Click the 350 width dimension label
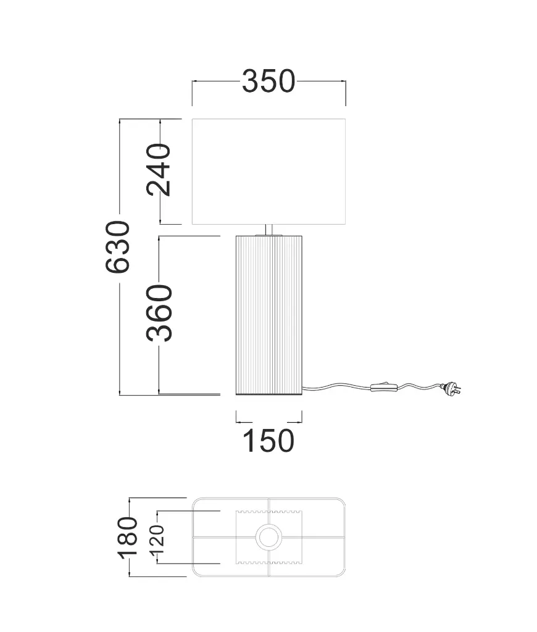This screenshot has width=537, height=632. (x=268, y=81)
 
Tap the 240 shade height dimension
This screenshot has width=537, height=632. (x=159, y=170)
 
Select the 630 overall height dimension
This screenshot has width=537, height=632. (x=118, y=247)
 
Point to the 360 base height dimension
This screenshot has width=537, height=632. (x=159, y=313)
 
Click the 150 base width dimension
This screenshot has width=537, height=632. (x=268, y=441)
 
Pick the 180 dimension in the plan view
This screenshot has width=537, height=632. (x=127, y=538)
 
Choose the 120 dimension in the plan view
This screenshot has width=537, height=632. (x=157, y=539)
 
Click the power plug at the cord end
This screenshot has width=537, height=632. (x=451, y=388)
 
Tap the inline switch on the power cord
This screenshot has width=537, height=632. (x=384, y=388)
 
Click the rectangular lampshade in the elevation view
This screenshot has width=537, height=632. (x=268, y=172)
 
